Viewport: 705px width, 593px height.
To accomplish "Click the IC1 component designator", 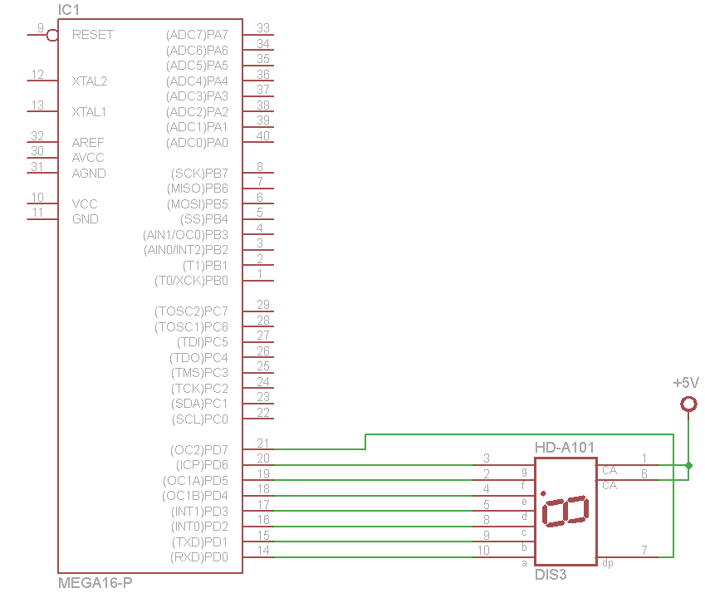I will point(69,10).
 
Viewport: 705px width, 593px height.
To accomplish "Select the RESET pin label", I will point(93,35).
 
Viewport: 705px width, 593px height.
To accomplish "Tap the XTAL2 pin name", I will point(90,81).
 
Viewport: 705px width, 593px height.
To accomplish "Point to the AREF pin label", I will point(88,143).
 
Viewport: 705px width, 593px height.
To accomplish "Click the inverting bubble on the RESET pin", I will point(52,35).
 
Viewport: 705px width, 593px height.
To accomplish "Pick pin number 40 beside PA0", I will point(262,136).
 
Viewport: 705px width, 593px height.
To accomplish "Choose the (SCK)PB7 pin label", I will point(199,174).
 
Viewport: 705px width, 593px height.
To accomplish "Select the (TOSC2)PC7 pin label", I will point(191,311).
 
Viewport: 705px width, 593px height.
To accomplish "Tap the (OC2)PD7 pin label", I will point(199,450).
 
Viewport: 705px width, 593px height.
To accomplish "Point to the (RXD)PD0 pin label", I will point(199,557).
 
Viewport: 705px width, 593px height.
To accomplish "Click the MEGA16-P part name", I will point(95,583).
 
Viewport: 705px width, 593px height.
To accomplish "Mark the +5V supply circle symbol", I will point(688,404).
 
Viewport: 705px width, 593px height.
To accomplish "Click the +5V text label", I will point(687,384).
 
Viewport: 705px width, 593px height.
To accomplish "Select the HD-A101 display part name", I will point(565,448).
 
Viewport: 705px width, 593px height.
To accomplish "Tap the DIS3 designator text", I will point(551,574).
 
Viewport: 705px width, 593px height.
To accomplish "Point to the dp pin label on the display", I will point(609,563).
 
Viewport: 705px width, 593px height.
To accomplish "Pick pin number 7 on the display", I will point(644,550).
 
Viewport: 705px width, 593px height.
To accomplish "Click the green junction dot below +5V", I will point(688,465).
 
